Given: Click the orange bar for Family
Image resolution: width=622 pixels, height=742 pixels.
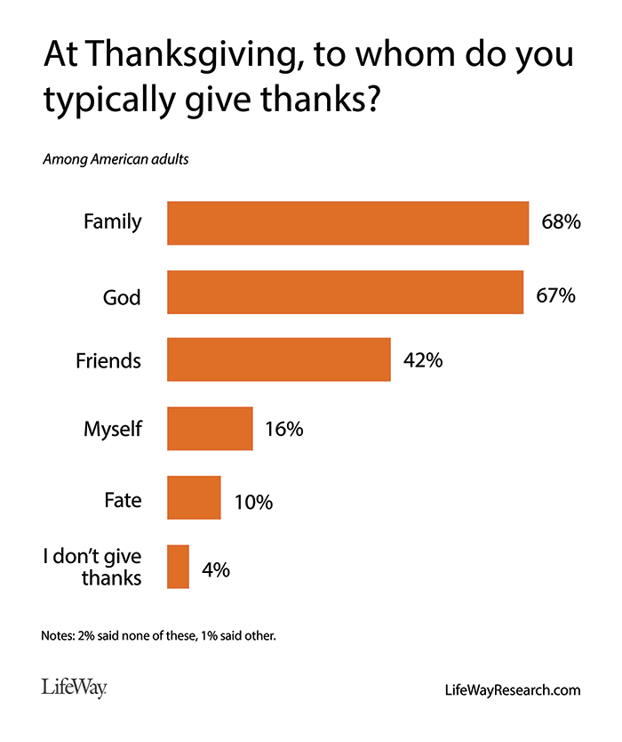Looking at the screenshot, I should (x=347, y=222).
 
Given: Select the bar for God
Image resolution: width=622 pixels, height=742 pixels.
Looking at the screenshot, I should (x=345, y=292).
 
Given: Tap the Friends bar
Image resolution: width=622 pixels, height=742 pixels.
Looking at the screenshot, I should (x=279, y=360).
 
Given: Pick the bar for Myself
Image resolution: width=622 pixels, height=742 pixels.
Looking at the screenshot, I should (x=210, y=429).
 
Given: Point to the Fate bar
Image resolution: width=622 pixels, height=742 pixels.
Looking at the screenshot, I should (x=194, y=497).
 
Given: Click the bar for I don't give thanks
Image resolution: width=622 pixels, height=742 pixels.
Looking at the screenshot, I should (x=178, y=567).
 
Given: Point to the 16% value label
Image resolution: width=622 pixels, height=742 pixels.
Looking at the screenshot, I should (x=284, y=429).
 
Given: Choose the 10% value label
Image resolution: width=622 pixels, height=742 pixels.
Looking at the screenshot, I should (x=252, y=502).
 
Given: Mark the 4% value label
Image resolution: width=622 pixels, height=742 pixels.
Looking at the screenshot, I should (x=215, y=569).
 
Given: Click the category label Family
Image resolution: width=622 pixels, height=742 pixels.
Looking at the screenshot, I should (x=112, y=222).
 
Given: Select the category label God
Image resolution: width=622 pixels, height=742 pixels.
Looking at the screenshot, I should (x=121, y=296).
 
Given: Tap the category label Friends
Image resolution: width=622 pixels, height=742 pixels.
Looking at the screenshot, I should (x=108, y=360).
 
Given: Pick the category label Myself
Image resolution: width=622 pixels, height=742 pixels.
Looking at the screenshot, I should (x=112, y=430).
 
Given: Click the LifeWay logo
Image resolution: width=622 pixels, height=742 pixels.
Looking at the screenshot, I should (x=73, y=687).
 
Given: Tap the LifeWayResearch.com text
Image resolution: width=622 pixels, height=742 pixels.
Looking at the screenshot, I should (x=512, y=690).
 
